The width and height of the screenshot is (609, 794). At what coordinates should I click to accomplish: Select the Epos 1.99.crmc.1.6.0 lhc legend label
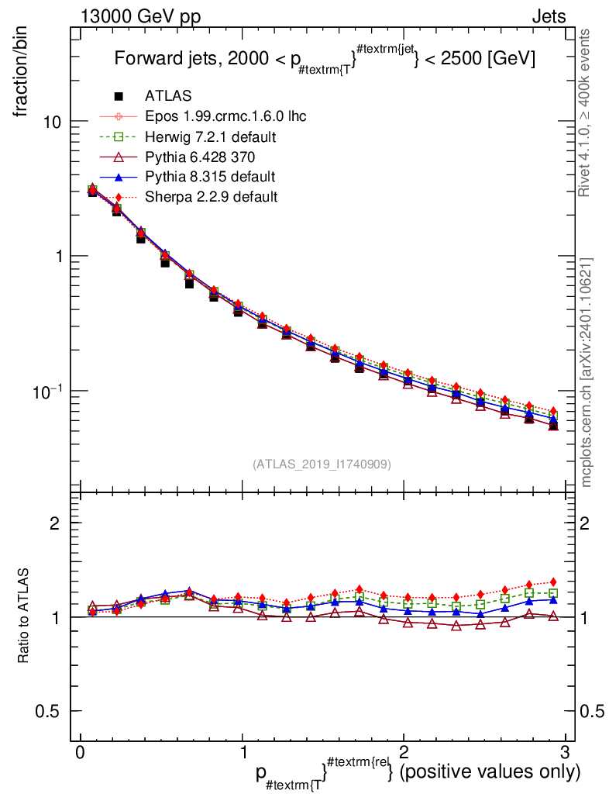click(x=225, y=116)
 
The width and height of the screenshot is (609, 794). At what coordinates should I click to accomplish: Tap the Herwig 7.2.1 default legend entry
click(x=211, y=136)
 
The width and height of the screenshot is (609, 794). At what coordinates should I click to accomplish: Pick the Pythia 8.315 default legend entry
click(x=210, y=177)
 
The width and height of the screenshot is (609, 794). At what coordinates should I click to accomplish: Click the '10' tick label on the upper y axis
click(x=54, y=123)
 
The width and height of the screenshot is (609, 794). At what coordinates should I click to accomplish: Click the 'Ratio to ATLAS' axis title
click(x=24, y=616)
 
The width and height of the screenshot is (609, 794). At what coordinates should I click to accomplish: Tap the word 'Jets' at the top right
click(x=548, y=16)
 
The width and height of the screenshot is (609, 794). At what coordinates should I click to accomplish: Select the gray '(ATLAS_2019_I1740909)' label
click(x=322, y=464)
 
